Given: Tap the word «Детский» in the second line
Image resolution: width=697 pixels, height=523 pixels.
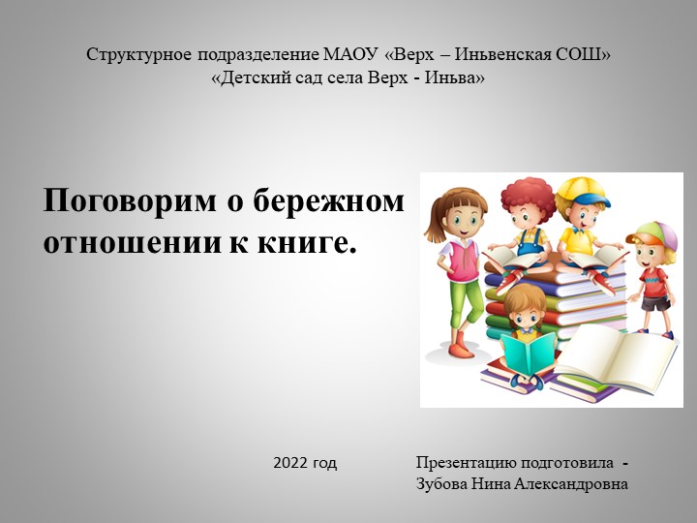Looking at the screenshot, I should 251,77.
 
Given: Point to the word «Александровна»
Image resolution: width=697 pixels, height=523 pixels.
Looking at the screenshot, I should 571,483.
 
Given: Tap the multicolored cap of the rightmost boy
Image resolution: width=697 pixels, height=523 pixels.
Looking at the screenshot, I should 653,233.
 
